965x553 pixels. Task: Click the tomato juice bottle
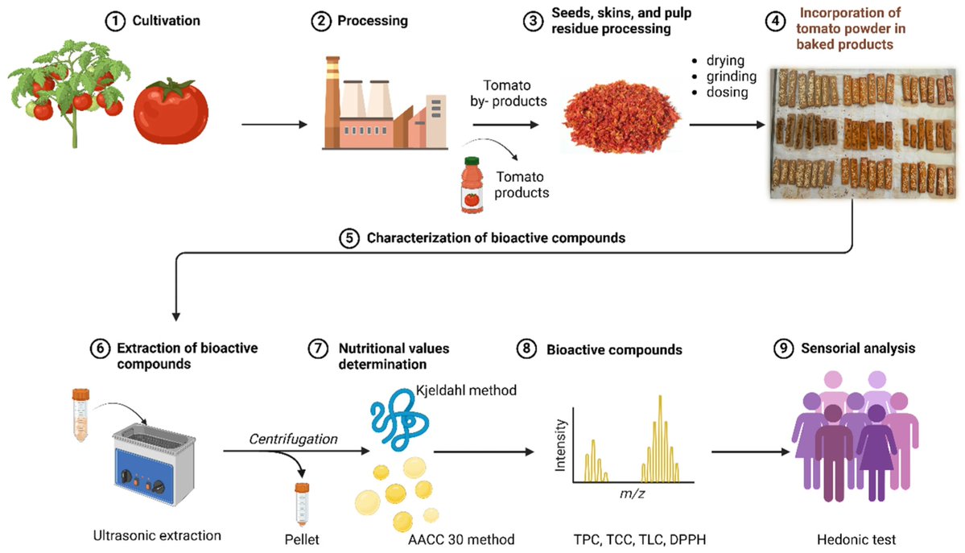pyautogui.click(x=471, y=184)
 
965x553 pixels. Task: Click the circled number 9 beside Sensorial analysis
pyautogui.click(x=782, y=349)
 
